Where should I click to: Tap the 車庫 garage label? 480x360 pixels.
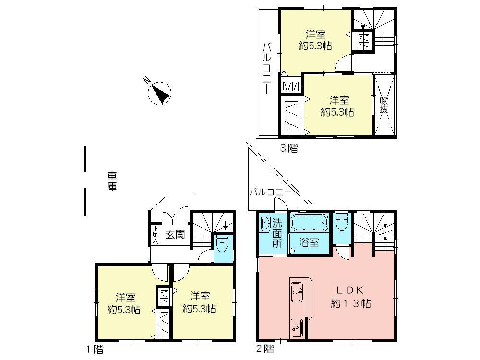(x=112, y=181)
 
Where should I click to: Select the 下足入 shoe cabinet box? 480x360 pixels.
(x=155, y=235)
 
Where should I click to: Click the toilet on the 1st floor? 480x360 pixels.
(x=222, y=246)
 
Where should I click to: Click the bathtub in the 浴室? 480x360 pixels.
(x=309, y=224)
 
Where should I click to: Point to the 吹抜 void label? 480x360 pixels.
(x=384, y=105)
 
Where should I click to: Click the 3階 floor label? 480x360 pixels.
(x=289, y=148)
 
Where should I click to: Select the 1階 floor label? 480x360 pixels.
(x=94, y=349)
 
